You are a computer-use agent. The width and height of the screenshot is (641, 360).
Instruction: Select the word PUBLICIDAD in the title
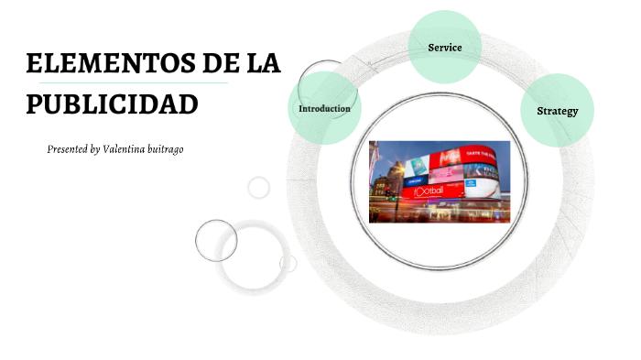[x=112, y=104]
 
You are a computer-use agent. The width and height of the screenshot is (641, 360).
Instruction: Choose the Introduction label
[x=324, y=109]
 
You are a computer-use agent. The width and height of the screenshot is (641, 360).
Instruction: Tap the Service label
[x=444, y=47]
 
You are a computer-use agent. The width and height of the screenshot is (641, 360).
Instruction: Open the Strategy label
[x=557, y=111]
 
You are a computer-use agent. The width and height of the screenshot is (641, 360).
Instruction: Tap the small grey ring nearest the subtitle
[x=259, y=187]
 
